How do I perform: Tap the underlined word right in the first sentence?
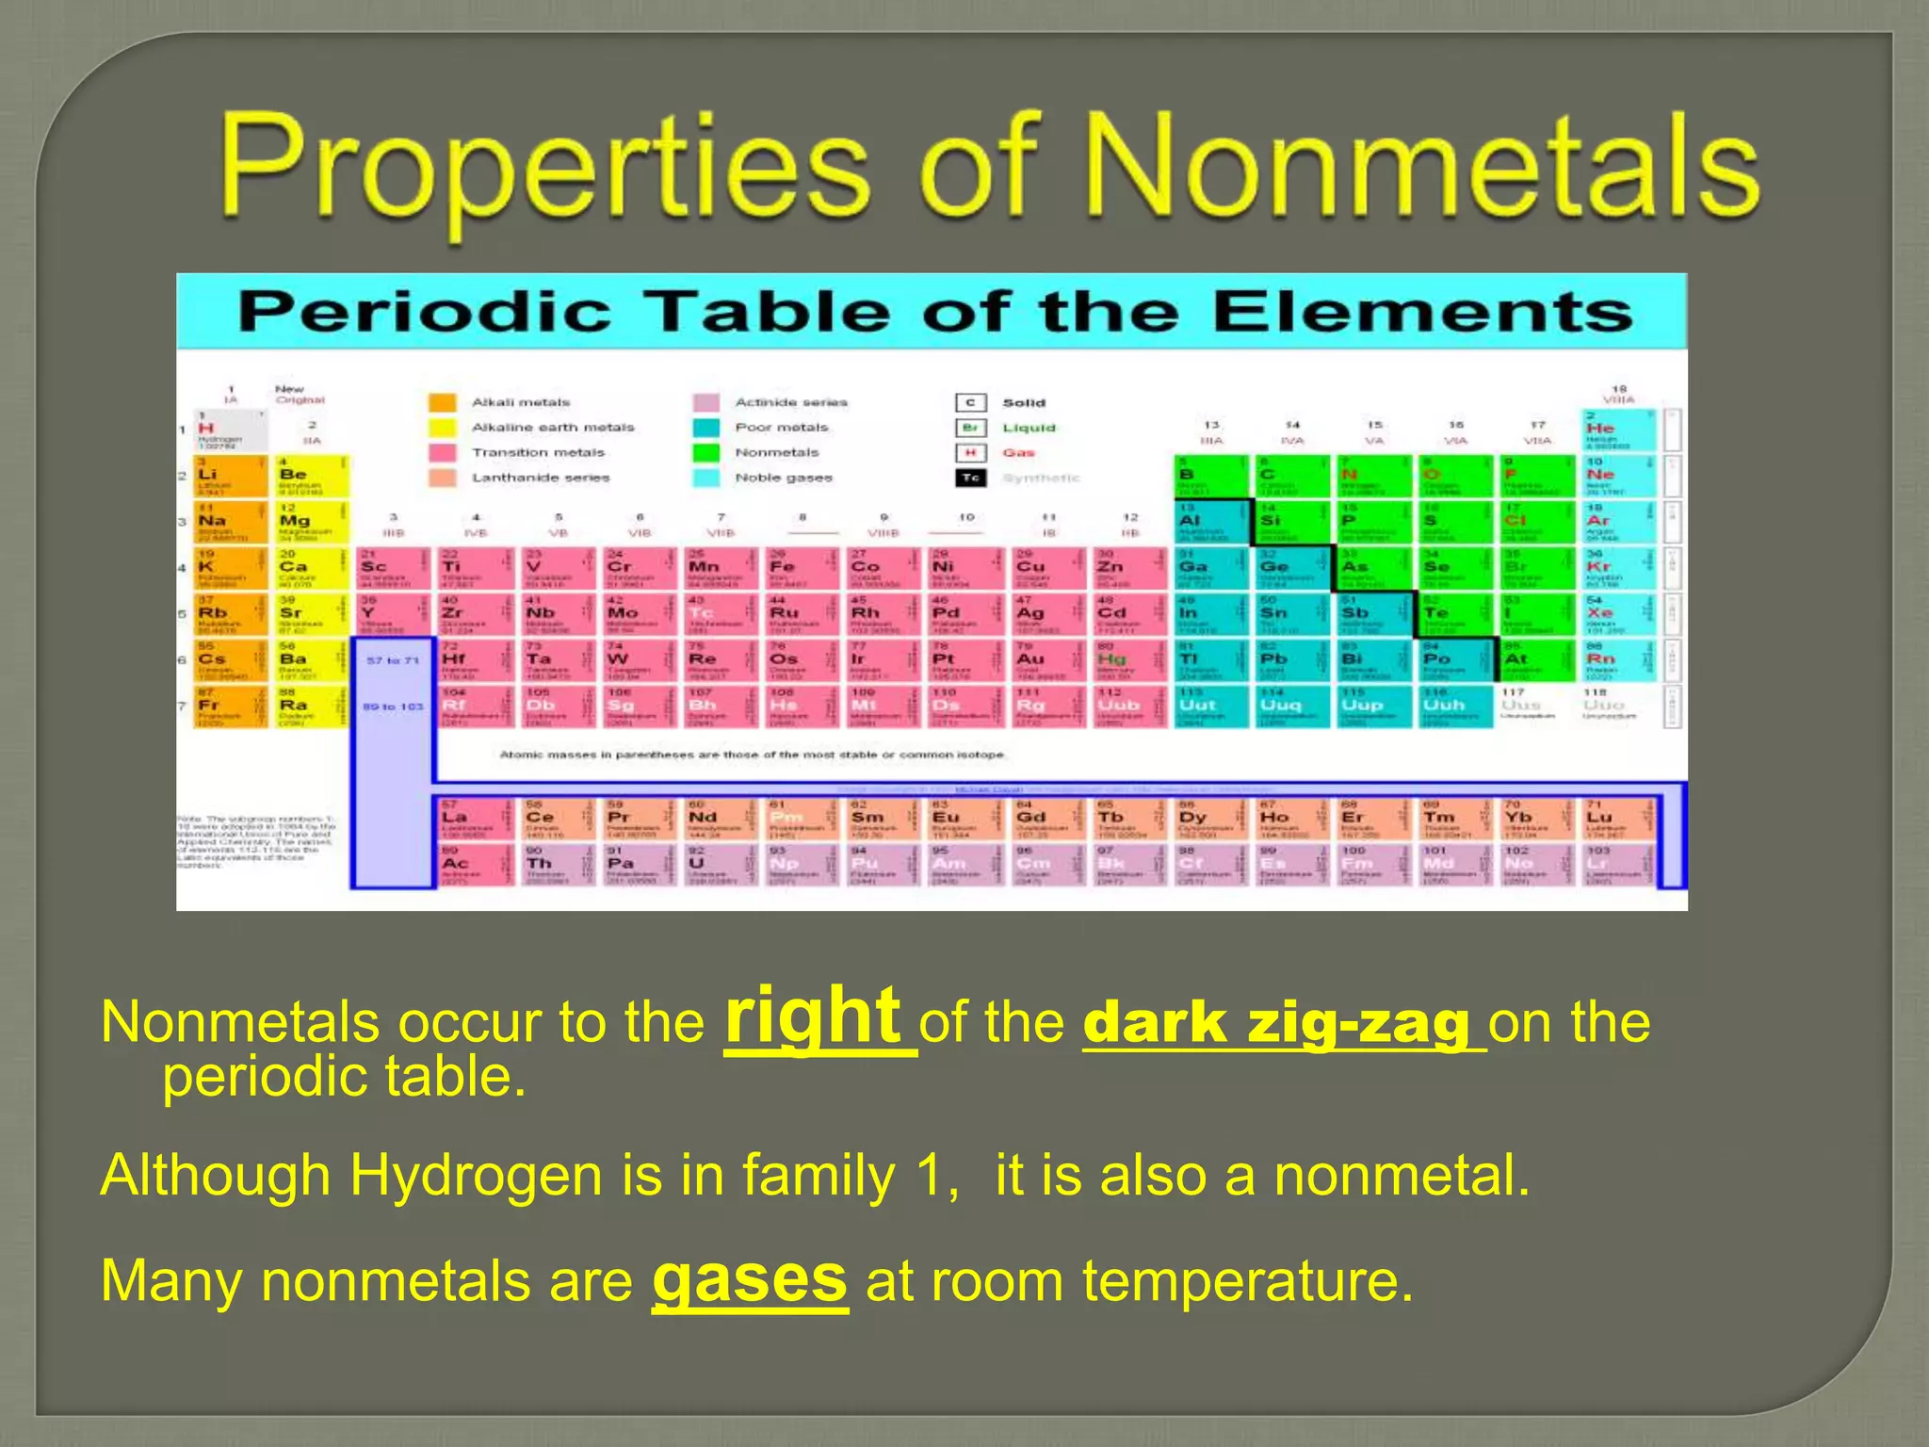tap(814, 1015)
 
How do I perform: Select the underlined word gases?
tap(750, 1279)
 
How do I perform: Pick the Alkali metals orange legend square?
tap(442, 402)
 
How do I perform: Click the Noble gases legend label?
tap(784, 478)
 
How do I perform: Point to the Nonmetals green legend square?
tap(705, 452)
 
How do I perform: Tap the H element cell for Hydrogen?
tap(230, 430)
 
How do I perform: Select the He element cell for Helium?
tap(1616, 430)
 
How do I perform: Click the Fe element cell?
tap(797, 568)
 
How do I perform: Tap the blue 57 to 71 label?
tap(393, 660)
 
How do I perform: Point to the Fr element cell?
tap(230, 707)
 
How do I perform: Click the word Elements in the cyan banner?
tap(1421, 311)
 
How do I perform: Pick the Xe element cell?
tap(1616, 614)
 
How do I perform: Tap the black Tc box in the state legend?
tap(970, 478)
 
